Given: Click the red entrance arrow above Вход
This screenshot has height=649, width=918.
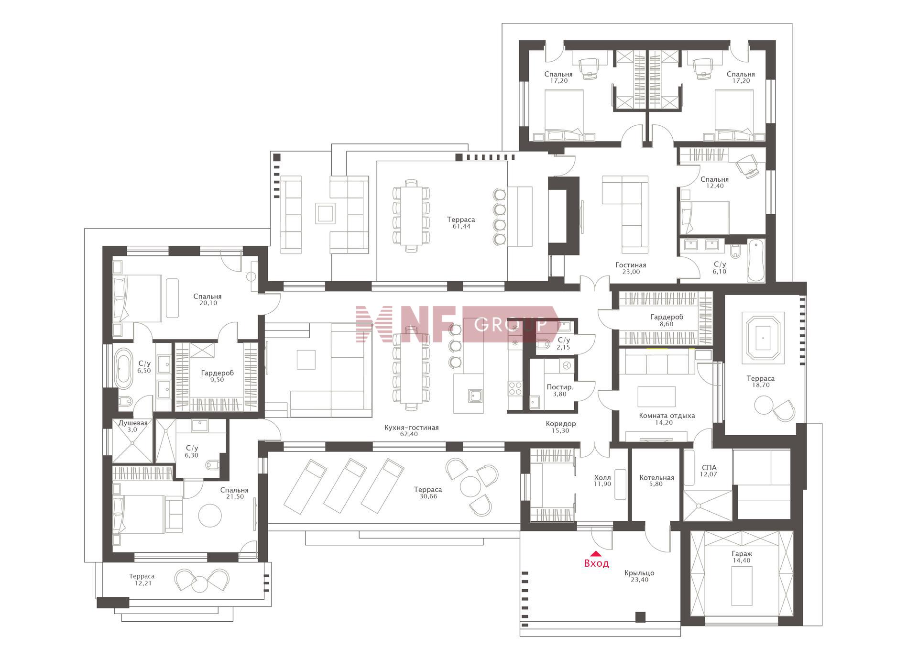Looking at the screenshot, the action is click(596, 554).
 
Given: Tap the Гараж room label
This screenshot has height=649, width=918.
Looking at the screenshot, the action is click(741, 554).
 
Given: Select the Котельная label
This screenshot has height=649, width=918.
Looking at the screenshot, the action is click(656, 477).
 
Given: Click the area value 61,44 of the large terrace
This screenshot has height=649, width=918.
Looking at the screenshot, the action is click(461, 226).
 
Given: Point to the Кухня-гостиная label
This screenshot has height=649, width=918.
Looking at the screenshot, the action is click(411, 428).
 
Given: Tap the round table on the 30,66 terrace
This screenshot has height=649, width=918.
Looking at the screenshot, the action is click(470, 487).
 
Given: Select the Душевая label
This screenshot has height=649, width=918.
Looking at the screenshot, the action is click(133, 423).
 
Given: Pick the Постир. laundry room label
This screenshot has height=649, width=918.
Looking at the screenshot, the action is click(560, 387).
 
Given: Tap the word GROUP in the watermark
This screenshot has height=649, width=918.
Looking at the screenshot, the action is click(511, 325).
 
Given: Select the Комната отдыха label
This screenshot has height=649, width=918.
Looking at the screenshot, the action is click(667, 416).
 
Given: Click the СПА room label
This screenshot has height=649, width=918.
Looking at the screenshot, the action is click(709, 468).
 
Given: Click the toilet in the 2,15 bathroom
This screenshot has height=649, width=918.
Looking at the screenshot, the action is click(544, 344).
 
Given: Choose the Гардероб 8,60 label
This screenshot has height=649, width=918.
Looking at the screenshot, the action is click(667, 317).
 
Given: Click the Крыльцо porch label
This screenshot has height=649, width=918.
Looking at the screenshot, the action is click(639, 573).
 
